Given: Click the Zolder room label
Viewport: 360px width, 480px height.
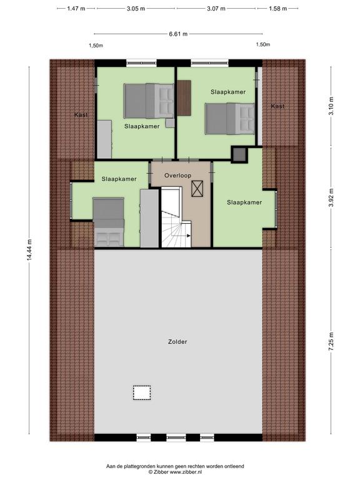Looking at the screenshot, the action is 177,342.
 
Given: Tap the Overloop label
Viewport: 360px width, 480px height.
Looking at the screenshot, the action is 178,176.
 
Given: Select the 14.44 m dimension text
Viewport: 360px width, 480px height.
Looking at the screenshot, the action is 29,250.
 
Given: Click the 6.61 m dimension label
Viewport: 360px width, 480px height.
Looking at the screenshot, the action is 178,34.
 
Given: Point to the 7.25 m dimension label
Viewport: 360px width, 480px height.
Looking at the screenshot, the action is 331,342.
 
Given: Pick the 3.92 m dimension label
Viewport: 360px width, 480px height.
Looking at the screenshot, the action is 331,197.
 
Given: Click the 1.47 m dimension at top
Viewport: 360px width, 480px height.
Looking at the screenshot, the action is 76,9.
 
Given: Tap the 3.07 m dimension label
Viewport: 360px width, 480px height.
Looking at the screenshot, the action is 216,9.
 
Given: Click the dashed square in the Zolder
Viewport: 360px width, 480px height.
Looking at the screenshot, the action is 142,392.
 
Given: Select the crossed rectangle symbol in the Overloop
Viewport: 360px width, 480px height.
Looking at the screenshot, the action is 197,188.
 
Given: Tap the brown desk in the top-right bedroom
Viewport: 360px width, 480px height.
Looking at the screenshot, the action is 184,97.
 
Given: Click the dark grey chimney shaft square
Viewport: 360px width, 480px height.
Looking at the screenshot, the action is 239,155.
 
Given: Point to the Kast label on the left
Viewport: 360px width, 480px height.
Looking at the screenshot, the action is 81,115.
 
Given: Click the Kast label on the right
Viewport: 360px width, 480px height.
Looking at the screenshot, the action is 277,106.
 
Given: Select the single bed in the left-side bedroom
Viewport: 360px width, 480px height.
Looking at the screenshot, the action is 109,222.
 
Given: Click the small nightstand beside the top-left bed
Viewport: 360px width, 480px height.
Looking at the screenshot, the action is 170,123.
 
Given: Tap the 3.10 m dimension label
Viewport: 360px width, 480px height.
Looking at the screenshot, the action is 331,106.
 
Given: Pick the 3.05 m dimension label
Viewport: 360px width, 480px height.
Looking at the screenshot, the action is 136,9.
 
